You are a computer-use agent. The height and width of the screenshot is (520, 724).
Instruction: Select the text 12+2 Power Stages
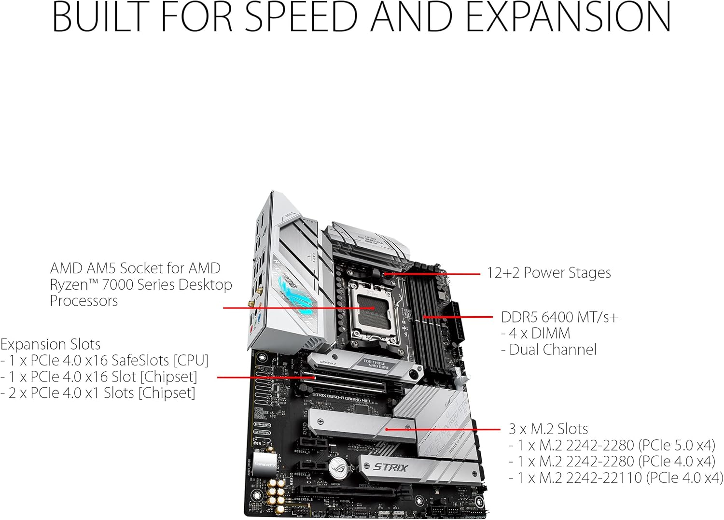pos(548,273)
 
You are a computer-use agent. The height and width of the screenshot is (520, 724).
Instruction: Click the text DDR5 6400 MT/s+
pos(559,317)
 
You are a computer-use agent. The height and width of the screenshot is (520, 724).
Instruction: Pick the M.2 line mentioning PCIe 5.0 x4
pos(612,445)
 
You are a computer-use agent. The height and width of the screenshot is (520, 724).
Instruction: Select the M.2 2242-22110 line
pos(615,478)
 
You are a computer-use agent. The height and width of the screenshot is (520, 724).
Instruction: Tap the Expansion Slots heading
pos(50,344)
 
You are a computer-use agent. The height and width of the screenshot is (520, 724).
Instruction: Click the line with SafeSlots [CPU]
pos(104,361)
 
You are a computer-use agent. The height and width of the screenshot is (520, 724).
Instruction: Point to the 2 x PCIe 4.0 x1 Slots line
pos(98,393)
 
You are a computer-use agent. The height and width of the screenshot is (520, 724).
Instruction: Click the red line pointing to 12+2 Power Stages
pos(434,274)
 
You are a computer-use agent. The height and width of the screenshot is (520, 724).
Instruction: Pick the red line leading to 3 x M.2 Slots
pos(444,429)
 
